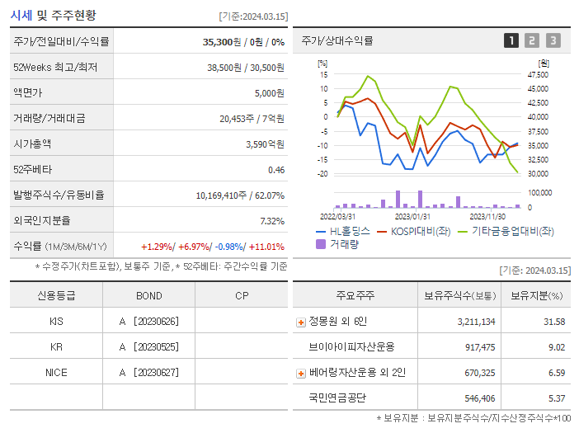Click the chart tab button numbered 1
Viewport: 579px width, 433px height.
(x=511, y=40)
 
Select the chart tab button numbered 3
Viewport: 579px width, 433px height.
(x=553, y=40)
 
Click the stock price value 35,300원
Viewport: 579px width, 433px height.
(x=224, y=41)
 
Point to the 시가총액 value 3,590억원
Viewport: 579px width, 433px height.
(x=265, y=144)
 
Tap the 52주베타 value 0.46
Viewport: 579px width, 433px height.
(x=275, y=169)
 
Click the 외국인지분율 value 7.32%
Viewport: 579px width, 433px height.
(x=271, y=220)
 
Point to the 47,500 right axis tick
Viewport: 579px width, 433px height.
(x=537, y=74)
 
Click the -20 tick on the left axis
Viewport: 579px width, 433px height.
(x=322, y=174)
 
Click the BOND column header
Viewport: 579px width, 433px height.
(x=148, y=295)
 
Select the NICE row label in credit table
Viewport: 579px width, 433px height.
(x=56, y=372)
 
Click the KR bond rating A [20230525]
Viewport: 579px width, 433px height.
(x=148, y=346)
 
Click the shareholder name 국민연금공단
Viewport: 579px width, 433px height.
(x=338, y=398)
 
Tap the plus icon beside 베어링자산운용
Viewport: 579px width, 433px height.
(x=301, y=373)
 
